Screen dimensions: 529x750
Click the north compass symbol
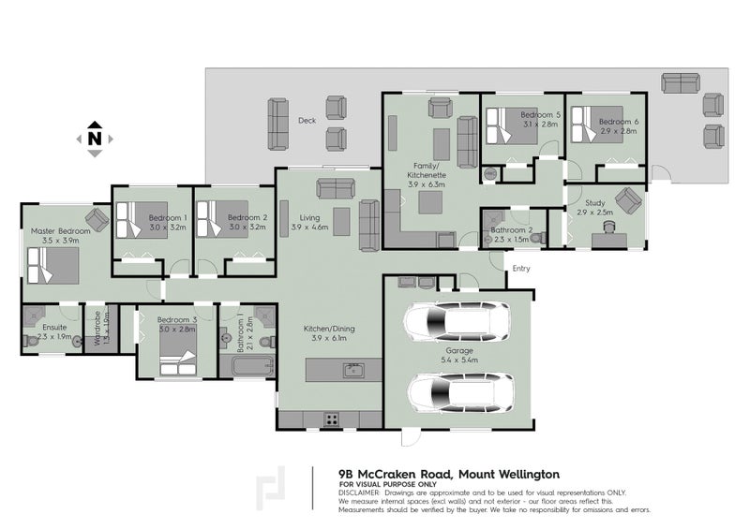(94, 138)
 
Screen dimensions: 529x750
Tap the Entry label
(520, 270)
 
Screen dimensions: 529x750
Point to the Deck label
(307, 120)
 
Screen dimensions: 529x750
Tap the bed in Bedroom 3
(174, 355)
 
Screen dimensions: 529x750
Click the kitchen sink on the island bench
(353, 371)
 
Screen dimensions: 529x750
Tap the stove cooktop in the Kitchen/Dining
(332, 418)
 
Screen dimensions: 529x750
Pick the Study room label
(593, 202)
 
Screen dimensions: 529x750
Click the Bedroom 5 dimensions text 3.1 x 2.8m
(539, 124)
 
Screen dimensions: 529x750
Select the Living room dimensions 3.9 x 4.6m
(308, 228)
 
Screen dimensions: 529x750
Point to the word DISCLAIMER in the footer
(358, 492)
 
